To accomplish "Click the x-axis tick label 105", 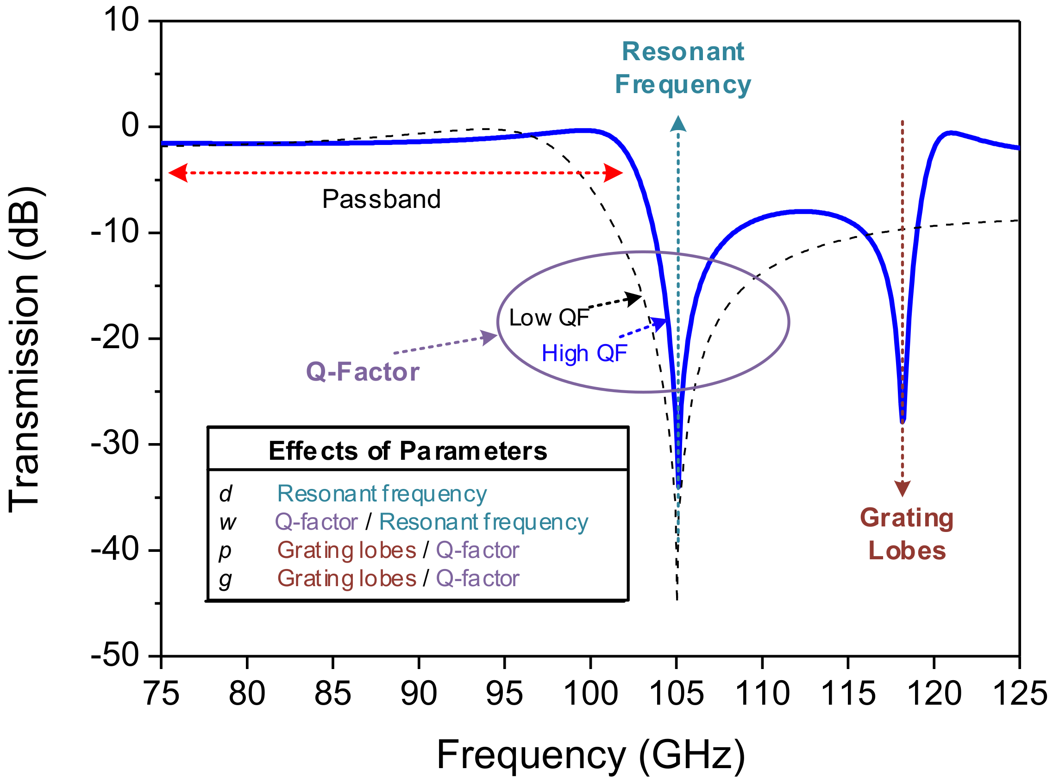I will click(x=677, y=694).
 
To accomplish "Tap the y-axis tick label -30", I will click(x=114, y=444).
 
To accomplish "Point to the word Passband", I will click(x=381, y=199).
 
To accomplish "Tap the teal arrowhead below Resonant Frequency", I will click(x=678, y=124).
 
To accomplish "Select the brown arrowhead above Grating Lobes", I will click(x=902, y=488).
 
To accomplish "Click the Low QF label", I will click(x=548, y=318).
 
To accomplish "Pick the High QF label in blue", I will click(x=584, y=354).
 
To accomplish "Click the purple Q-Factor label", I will click(x=363, y=372).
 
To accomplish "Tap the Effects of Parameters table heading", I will click(x=407, y=451).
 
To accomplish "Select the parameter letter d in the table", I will click(x=226, y=494).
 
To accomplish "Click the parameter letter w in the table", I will click(x=227, y=523).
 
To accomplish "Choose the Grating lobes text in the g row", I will click(x=346, y=578).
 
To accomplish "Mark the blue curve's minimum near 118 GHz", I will click(x=903, y=419).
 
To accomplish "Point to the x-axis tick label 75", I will click(x=162, y=694).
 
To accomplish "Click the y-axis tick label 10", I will click(x=121, y=21).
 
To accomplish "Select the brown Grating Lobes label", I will click(x=907, y=534).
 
